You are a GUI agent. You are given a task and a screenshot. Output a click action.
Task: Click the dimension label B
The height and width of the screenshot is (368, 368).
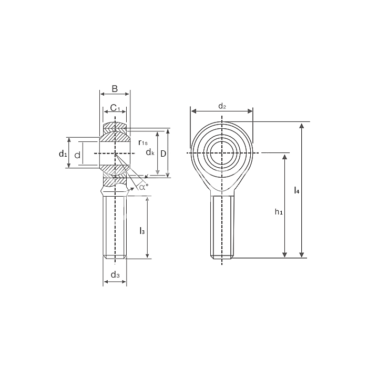pos(115,88)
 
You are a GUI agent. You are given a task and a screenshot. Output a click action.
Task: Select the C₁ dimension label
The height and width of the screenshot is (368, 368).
pos(115,109)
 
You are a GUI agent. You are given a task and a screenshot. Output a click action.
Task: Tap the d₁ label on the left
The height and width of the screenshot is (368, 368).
pos(63,154)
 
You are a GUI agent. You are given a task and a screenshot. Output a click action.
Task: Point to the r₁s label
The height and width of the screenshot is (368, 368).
pos(142,142)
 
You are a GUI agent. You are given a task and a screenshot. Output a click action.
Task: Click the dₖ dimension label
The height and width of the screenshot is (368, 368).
pos(150,152)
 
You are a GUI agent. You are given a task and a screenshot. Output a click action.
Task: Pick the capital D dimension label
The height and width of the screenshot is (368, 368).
pos(163,153)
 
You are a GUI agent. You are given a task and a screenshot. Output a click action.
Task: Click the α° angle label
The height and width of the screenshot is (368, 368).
pos(144,186)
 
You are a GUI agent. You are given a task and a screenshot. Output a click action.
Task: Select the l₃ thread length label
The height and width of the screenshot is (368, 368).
pos(141,230)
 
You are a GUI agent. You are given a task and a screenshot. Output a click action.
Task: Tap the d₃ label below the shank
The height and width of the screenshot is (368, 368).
pos(115,275)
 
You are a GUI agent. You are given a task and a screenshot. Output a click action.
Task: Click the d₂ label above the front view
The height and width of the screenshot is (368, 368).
pos(222,107)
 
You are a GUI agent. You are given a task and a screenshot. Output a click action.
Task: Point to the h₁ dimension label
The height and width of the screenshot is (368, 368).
pos(279,212)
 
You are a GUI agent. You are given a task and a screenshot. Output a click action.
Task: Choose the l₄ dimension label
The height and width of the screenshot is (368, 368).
pos(297,190)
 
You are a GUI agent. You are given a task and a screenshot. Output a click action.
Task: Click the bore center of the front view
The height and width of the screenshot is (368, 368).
pos(222,153)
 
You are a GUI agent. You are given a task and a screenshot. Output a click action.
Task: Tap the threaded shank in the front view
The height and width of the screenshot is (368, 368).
pos(222,226)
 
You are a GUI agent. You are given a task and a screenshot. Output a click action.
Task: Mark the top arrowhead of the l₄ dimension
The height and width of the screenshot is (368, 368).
pos(302,126)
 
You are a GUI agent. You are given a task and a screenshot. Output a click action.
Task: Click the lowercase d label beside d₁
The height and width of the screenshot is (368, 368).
pos(77,155)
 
